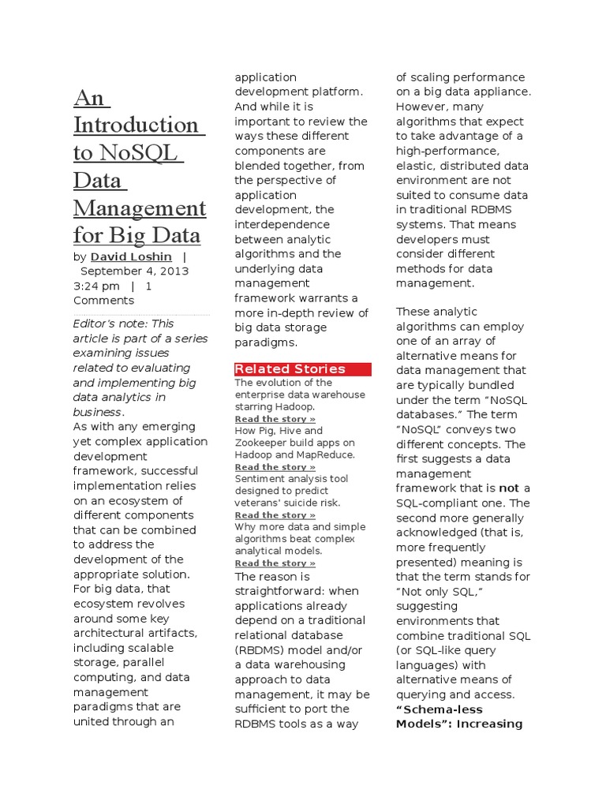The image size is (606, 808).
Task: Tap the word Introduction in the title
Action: click(136, 125)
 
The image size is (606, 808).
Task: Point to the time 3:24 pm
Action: click(96, 286)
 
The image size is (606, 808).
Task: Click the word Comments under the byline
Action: click(103, 301)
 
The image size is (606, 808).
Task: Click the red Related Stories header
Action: click(290, 369)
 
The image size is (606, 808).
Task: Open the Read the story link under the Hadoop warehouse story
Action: click(275, 419)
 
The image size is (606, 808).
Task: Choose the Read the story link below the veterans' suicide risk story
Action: click(275, 515)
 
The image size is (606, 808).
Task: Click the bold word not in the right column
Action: click(510, 488)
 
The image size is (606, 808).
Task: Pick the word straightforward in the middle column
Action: click(286, 591)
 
